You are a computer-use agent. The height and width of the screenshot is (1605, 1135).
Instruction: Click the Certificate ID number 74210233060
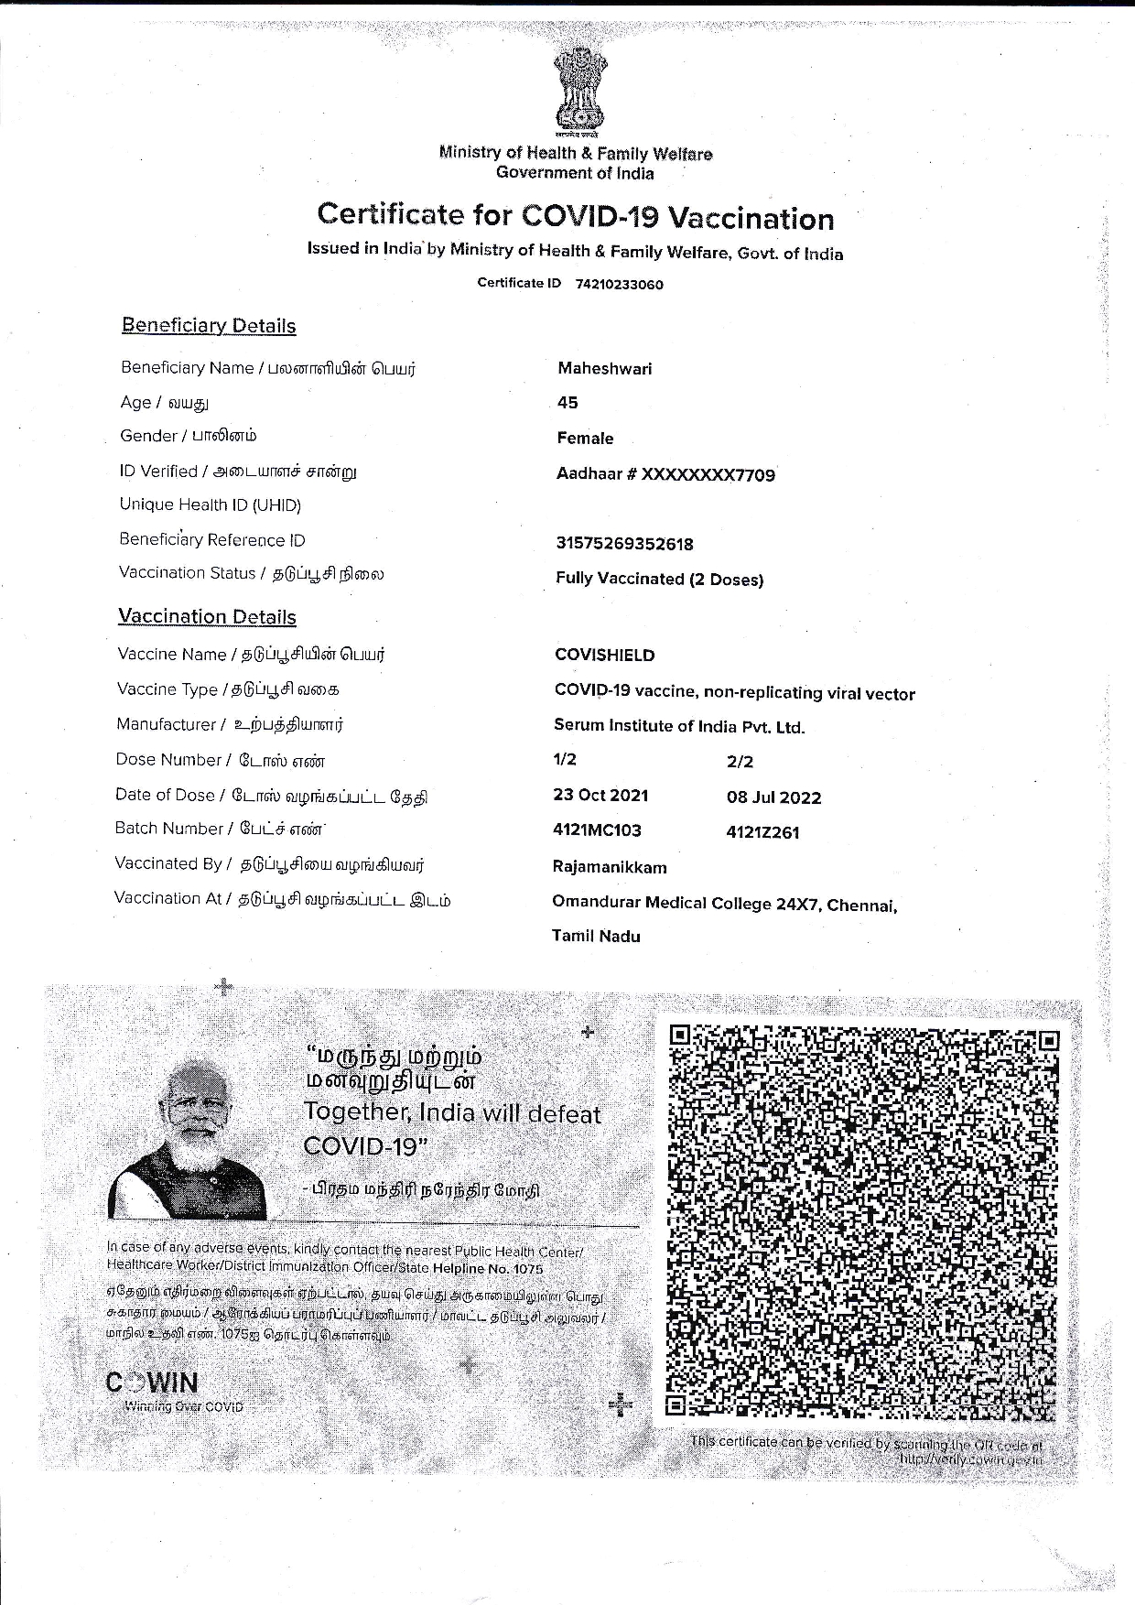coord(619,284)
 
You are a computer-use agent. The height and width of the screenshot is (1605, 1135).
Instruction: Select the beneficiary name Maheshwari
coord(604,368)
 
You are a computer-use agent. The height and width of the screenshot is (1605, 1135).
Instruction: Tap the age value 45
coord(567,403)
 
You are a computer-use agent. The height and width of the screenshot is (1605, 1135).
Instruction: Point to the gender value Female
coord(585,438)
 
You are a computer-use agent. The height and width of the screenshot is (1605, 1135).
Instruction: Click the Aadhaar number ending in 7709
coord(665,474)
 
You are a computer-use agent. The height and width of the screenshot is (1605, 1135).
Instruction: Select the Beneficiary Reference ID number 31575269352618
coord(624,544)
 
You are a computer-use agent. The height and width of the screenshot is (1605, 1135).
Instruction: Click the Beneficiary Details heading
coord(209,326)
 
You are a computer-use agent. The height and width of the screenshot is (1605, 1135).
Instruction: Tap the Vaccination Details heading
coord(207,616)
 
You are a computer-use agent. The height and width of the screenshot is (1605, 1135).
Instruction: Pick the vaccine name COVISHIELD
coord(604,655)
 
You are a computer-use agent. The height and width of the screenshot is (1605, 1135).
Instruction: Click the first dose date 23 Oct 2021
coord(600,795)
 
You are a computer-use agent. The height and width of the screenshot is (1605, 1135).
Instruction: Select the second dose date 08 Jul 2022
coord(773,797)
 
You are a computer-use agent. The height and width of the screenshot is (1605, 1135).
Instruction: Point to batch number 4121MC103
coord(597,830)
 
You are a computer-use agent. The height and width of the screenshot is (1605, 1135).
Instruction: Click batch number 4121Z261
coord(762,832)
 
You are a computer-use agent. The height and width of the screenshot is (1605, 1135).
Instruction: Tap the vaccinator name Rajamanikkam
coord(610,867)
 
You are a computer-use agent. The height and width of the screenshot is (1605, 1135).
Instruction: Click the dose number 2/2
coord(740,761)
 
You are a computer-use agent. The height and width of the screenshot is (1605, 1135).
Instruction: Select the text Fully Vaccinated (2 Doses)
coord(659,579)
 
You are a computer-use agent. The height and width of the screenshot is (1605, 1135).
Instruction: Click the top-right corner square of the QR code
coord(1048,1040)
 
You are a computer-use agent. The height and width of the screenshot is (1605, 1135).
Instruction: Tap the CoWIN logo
coord(152,1382)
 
